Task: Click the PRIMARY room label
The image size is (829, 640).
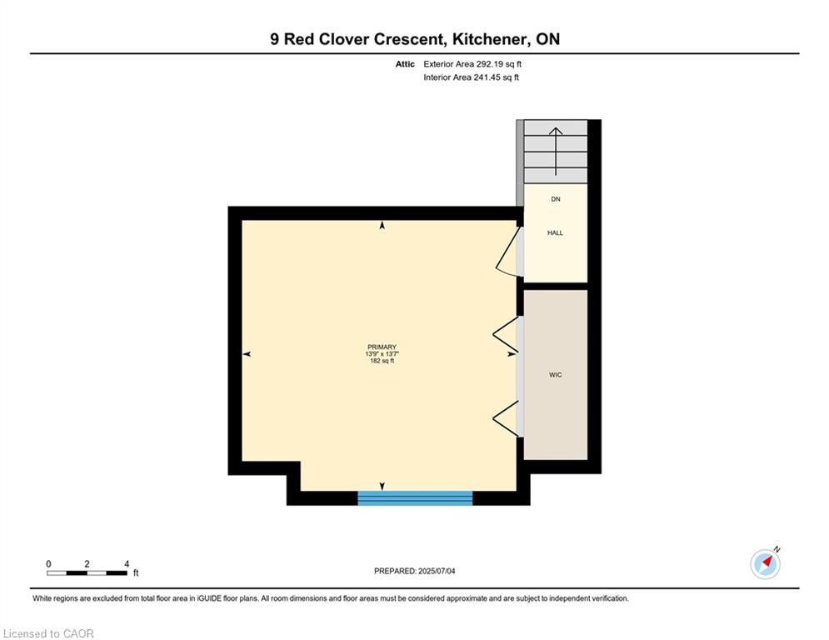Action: pyautogui.click(x=382, y=347)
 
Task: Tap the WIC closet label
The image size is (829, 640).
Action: pyautogui.click(x=555, y=375)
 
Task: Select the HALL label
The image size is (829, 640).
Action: pyautogui.click(x=555, y=232)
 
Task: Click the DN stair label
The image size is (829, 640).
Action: pyautogui.click(x=555, y=199)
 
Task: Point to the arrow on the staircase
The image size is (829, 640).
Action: pyautogui.click(x=555, y=152)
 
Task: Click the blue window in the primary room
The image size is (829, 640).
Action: pyautogui.click(x=415, y=498)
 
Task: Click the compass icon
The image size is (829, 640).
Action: pyautogui.click(x=765, y=564)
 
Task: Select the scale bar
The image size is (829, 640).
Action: pyautogui.click(x=87, y=572)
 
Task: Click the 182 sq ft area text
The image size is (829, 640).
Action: pyautogui.click(x=382, y=361)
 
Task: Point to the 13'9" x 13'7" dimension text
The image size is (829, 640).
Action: pyautogui.click(x=382, y=354)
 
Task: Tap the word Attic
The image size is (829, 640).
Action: pyautogui.click(x=405, y=64)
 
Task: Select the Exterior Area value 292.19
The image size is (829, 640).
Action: pyautogui.click(x=487, y=64)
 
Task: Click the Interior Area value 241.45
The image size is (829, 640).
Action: pyautogui.click(x=485, y=77)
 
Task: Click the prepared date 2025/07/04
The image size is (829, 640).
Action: pyautogui.click(x=437, y=571)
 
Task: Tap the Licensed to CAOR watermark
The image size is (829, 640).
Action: pyautogui.click(x=48, y=633)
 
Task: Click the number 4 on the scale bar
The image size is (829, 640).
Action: pyautogui.click(x=127, y=564)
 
